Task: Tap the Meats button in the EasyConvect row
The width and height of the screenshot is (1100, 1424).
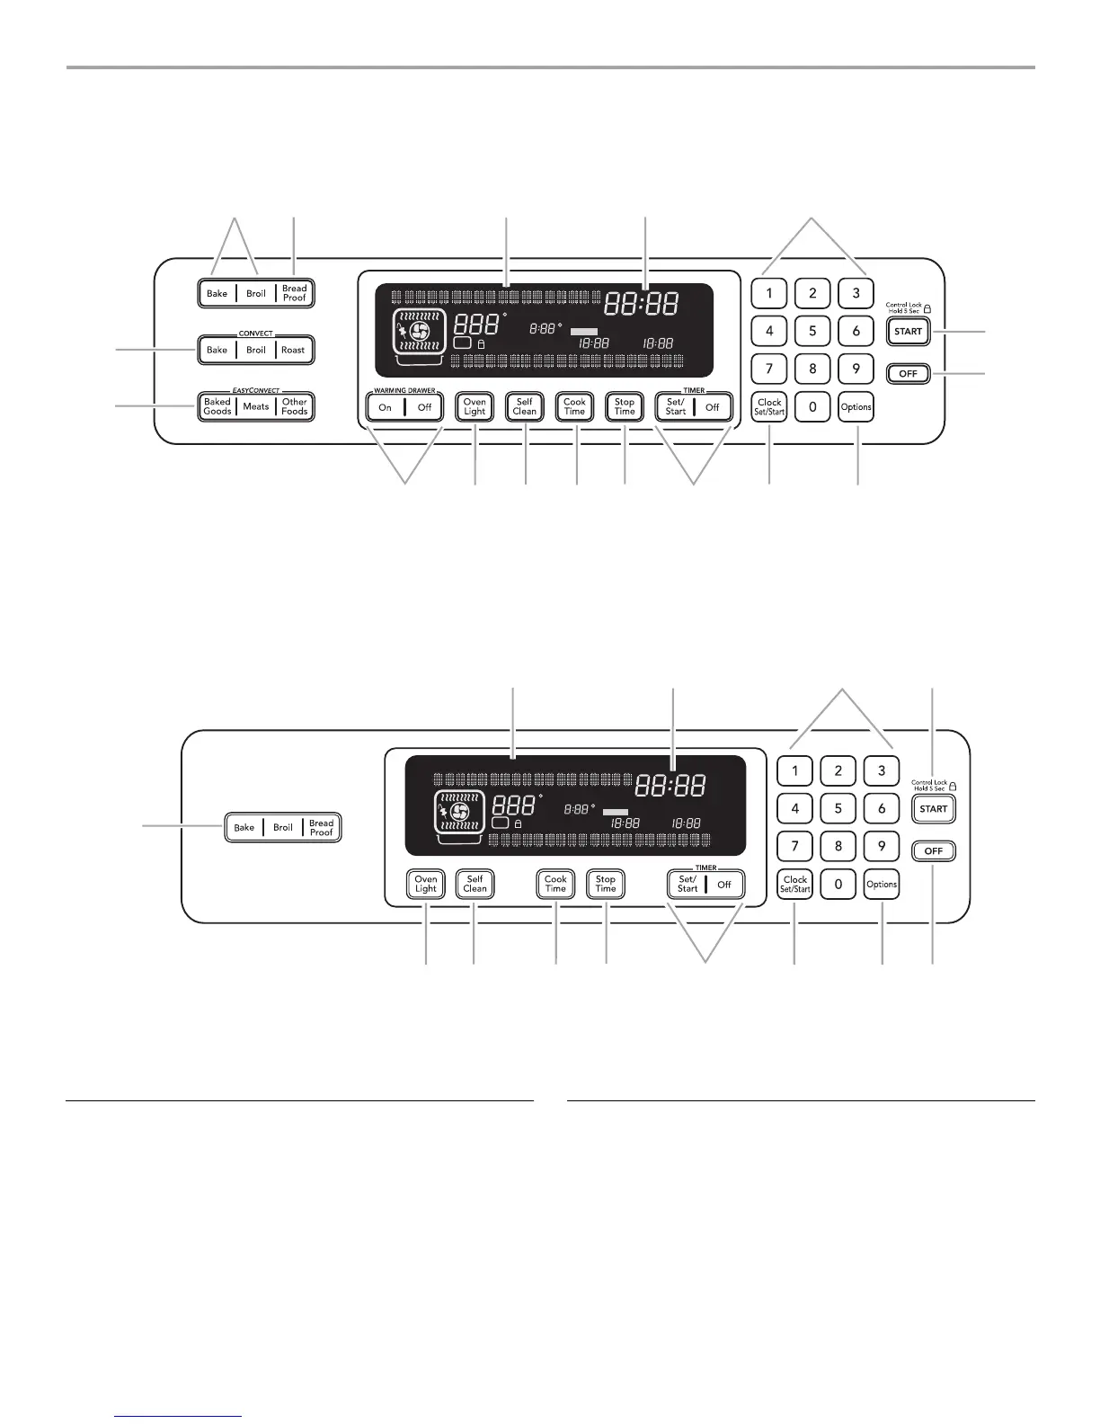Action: [x=256, y=406]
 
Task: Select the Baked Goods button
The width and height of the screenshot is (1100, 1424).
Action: [x=217, y=406]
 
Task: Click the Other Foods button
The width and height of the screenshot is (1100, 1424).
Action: [x=295, y=406]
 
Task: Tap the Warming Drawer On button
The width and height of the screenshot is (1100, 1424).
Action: [x=386, y=407]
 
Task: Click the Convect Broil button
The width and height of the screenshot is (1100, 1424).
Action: [x=256, y=350]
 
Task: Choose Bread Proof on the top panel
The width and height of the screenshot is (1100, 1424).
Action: [x=295, y=293]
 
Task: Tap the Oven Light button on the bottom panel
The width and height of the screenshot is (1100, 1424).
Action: [x=426, y=884]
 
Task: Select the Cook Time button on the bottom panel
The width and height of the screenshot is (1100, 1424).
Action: [x=556, y=884]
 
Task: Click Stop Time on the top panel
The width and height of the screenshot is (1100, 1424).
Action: [x=625, y=407]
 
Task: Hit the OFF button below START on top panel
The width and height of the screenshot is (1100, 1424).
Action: [x=908, y=373]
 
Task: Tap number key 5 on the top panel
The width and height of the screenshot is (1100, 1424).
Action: [x=812, y=331]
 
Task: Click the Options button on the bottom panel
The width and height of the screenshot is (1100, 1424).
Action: [x=882, y=884]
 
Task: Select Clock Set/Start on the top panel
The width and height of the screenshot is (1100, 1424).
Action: [x=769, y=407]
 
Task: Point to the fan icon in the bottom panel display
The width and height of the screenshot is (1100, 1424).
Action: [x=459, y=813]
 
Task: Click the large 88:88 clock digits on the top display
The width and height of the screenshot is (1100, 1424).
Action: [x=641, y=304]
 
